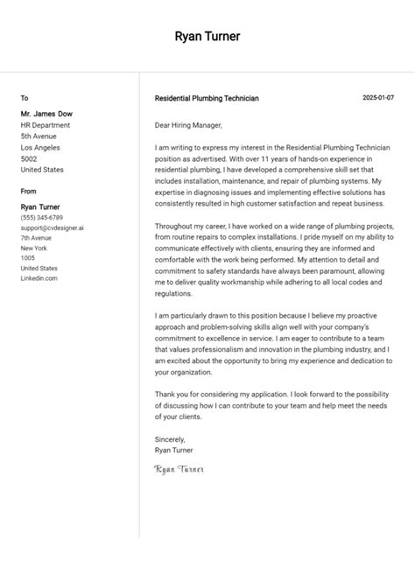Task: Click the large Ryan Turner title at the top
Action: coord(207,37)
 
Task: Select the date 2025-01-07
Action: coord(378,98)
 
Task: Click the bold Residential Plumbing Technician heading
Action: coord(207,99)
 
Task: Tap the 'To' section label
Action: coord(25,98)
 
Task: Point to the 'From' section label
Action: coord(29,191)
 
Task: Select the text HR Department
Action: coord(46,125)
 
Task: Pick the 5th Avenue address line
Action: coord(39,136)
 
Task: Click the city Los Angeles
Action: coord(42,148)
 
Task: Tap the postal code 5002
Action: coord(29,159)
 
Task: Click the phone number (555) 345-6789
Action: coord(42,217)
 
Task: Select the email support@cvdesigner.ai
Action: coord(53,227)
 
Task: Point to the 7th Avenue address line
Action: coord(38,238)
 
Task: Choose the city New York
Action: coord(35,248)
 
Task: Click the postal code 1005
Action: coord(28,258)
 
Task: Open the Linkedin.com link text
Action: coord(39,278)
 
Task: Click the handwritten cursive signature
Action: coord(179,470)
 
